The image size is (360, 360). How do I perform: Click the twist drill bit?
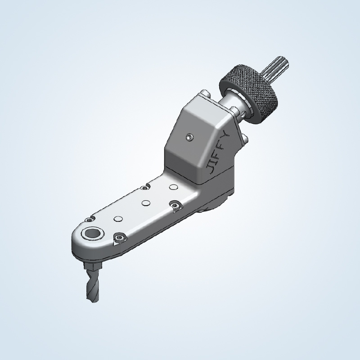[92, 288]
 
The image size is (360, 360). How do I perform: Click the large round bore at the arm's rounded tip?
[94, 233]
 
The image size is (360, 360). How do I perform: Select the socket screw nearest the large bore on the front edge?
[119, 238]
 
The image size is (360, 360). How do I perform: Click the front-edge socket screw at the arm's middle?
[175, 205]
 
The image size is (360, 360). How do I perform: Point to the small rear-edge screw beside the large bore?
[89, 219]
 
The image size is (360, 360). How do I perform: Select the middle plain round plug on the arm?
[145, 202]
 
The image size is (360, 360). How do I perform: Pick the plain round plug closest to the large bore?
[118, 219]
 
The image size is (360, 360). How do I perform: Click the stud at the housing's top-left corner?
[206, 93]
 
